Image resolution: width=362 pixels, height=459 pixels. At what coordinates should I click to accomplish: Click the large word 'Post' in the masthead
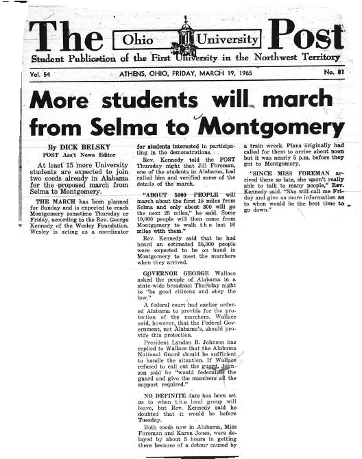click(304, 34)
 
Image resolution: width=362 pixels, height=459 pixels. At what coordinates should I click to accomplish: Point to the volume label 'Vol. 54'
click(44, 73)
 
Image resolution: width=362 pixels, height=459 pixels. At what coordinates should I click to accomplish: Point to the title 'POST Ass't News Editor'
click(75, 156)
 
